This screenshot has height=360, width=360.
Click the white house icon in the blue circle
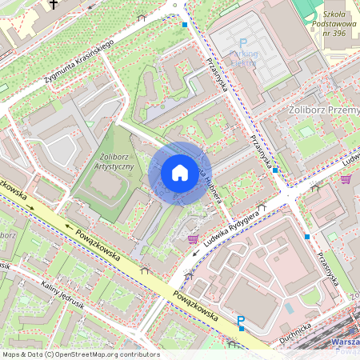click(x=180, y=172)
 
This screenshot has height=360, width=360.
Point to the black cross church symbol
click(x=54, y=5)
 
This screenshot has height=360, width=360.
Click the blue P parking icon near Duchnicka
click(x=241, y=322)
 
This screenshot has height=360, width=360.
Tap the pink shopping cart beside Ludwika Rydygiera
click(x=192, y=238)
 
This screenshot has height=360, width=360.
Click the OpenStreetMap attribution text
click(x=80, y=354)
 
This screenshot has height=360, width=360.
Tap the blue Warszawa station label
click(x=344, y=342)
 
